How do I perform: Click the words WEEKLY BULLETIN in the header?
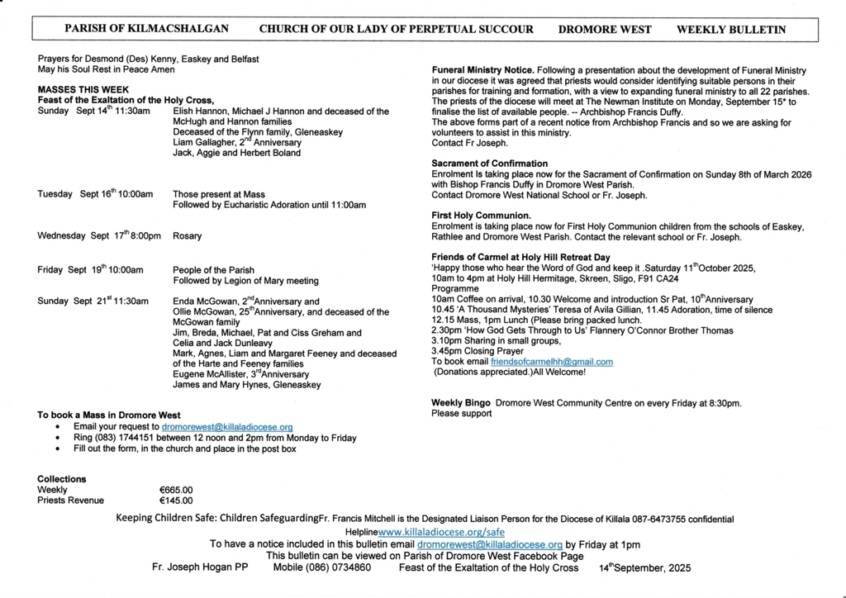[x=730, y=29]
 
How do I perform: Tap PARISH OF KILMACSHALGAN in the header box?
[x=147, y=29]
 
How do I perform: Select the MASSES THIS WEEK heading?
[x=83, y=90]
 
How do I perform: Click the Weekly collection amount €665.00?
[x=175, y=490]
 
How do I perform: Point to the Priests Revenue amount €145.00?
[x=175, y=501]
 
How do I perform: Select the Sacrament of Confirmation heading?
[x=489, y=164]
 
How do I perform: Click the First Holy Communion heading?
[x=481, y=216]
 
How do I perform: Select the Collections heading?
[x=61, y=479]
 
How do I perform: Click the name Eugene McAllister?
[x=207, y=374]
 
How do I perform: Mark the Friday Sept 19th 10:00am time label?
[x=90, y=270]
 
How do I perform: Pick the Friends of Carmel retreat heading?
[x=520, y=257]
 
